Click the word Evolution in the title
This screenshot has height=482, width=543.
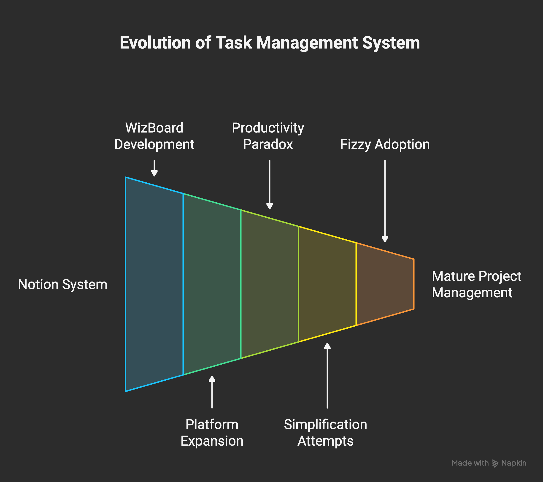click(155, 43)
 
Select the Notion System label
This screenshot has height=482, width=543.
click(63, 284)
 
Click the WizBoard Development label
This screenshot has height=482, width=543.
click(154, 136)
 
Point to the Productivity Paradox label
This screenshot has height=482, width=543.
click(268, 136)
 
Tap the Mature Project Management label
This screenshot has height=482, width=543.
click(476, 284)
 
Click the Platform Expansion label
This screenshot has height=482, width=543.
click(212, 432)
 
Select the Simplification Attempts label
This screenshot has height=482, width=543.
click(325, 432)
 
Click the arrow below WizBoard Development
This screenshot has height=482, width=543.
click(154, 168)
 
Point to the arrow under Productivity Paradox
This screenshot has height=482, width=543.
click(269, 185)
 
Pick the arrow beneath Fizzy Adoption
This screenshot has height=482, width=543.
click(385, 201)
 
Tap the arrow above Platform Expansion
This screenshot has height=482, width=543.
click(212, 392)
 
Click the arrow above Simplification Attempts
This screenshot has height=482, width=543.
click(327, 375)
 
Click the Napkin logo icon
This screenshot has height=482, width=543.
click(495, 463)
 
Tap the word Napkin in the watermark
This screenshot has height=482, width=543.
click(513, 463)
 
